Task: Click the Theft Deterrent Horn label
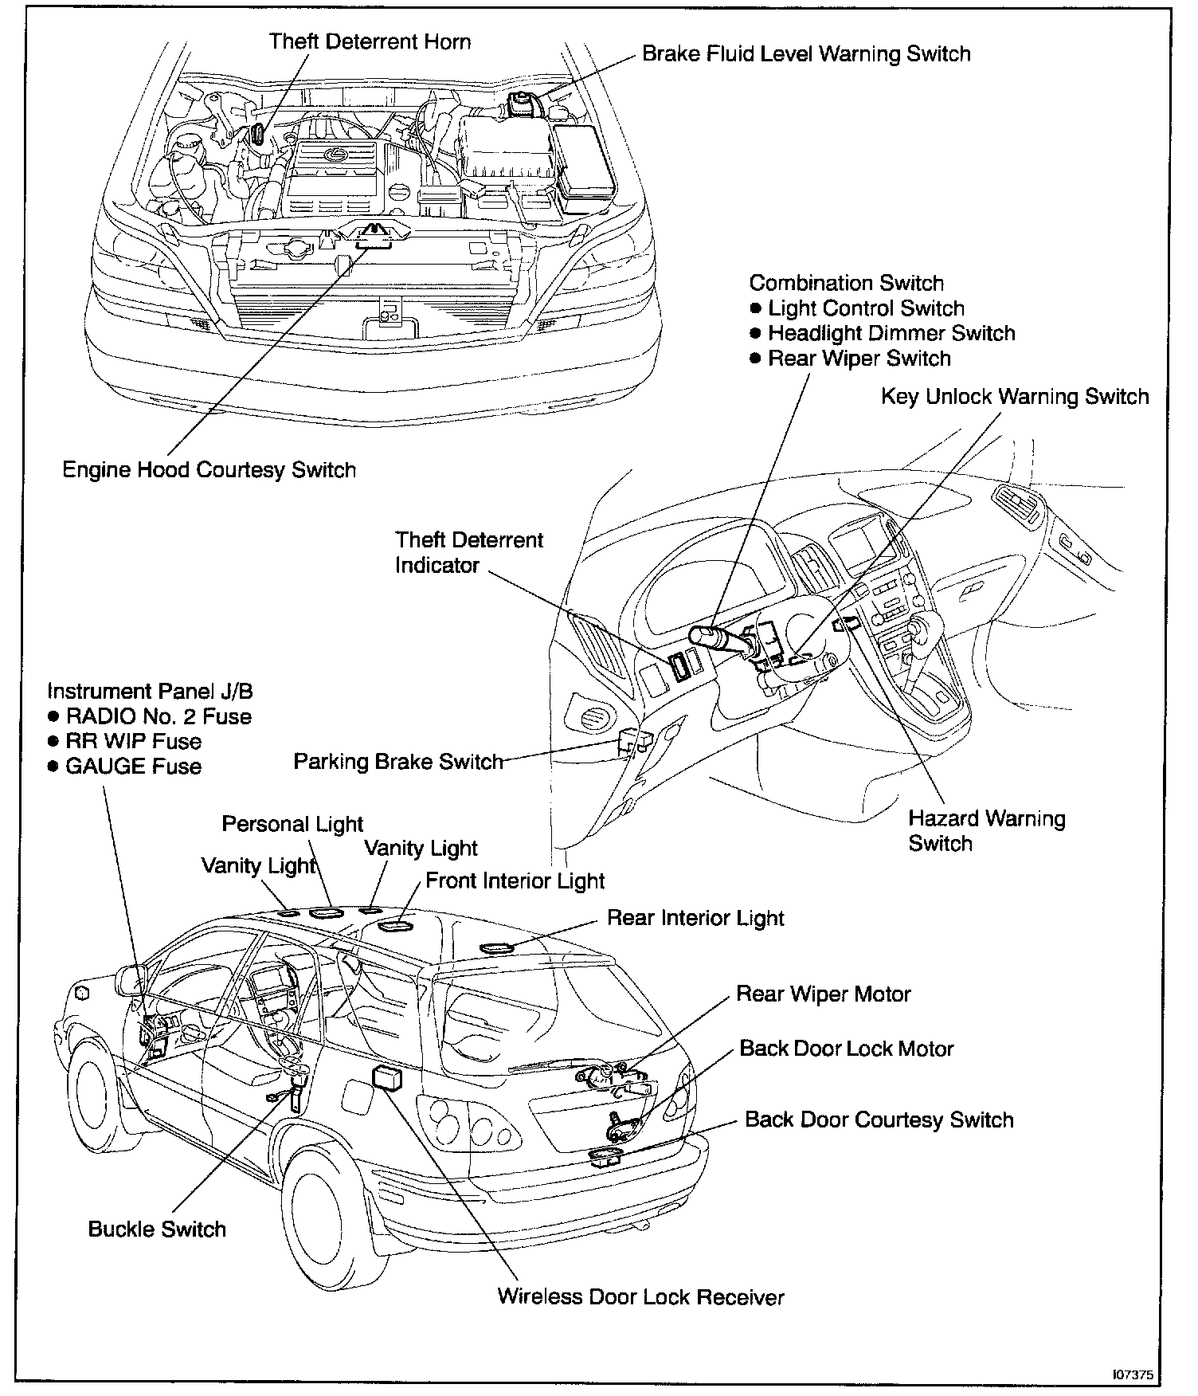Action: coord(370,41)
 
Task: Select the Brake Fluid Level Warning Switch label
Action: coord(806,54)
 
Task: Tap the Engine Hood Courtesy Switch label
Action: coord(209,470)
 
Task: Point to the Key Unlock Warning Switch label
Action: coord(1015,397)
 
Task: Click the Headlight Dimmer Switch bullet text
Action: coord(891,333)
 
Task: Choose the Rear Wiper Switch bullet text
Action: coord(859,359)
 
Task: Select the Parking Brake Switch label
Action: coord(398,762)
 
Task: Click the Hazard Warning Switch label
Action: coord(986,831)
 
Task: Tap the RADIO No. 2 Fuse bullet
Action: coord(158,716)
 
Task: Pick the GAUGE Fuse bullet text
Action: coord(133,767)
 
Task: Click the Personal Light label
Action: coord(292,824)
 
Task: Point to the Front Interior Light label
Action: coord(515,881)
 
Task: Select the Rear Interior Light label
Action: coord(695,918)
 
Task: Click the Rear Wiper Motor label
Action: coord(823,994)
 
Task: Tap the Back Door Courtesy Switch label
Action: coord(879,1120)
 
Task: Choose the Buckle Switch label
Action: coord(157,1229)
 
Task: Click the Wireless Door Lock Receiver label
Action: coord(640,1297)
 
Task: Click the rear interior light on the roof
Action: coord(499,948)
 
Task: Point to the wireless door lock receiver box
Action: coord(388,1076)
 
